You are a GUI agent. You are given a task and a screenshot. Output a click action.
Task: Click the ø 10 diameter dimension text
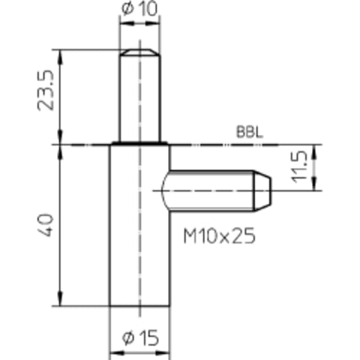[x=139, y=9]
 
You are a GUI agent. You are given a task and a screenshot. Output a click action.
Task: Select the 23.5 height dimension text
[x=46, y=90]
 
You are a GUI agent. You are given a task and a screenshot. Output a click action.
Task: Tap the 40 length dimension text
[x=46, y=225]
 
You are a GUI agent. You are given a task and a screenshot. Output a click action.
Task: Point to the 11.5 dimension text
[x=299, y=166]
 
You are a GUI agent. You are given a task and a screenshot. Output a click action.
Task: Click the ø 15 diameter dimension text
[x=140, y=338]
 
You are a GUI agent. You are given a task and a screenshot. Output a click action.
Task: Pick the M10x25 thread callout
[x=220, y=235]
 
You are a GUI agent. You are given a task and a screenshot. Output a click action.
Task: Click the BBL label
[x=250, y=132]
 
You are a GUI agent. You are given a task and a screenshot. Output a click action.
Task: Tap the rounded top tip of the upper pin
[x=139, y=52]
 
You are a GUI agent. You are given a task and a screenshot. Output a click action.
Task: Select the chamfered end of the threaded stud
[x=262, y=190]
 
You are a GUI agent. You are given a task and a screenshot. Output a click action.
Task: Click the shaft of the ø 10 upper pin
[x=139, y=98]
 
